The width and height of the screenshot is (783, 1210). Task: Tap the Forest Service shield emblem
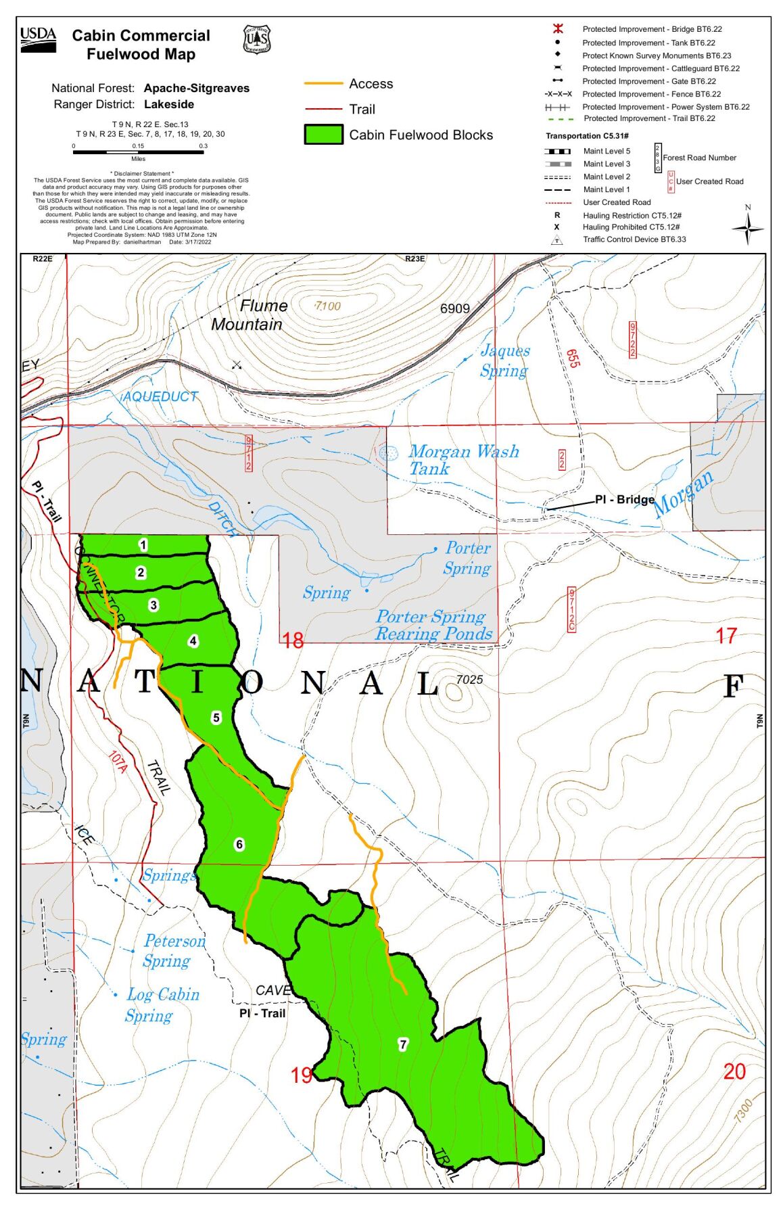tap(256, 40)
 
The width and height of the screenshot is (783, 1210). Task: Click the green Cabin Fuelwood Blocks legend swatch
tap(323, 135)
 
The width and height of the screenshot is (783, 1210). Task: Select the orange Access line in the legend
tap(323, 84)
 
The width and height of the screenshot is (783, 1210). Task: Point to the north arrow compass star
tap(748, 229)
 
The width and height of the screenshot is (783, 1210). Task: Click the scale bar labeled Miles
tap(138, 152)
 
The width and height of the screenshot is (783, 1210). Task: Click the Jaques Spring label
tap(504, 360)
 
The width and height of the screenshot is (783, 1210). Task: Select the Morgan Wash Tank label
tap(462, 460)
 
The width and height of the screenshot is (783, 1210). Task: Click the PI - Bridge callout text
tap(624, 500)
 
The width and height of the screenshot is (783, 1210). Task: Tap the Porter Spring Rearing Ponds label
tap(433, 626)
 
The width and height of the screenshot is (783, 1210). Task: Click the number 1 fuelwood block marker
tap(143, 544)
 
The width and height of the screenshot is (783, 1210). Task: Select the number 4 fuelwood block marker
tap(193, 641)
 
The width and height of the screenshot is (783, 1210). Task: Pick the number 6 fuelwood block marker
tap(239, 844)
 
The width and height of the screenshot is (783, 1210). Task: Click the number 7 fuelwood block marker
tap(403, 1044)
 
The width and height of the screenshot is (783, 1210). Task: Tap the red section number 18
tap(293, 640)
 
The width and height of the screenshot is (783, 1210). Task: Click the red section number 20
tap(734, 1071)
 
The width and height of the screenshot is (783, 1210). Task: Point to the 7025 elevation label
tap(469, 679)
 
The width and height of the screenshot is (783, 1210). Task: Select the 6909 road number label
tap(454, 308)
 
